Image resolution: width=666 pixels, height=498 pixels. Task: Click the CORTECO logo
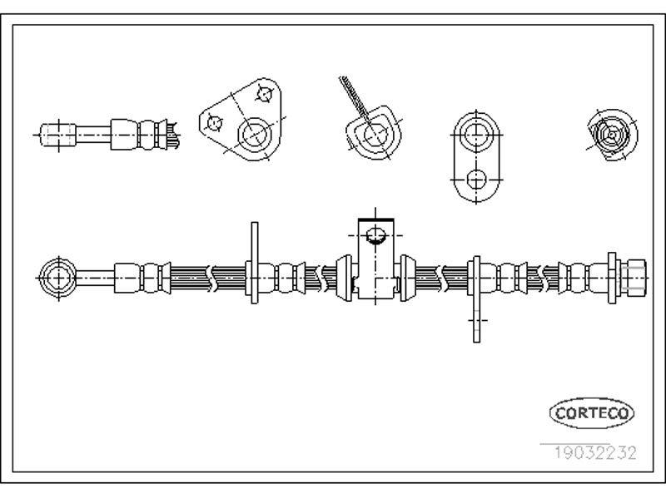click(592, 412)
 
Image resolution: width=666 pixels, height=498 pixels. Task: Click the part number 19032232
click(594, 453)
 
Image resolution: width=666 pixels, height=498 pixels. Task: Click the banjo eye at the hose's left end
click(57, 279)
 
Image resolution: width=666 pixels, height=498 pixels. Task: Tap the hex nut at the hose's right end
click(634, 278)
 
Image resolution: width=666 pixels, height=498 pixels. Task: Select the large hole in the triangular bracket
click(255, 135)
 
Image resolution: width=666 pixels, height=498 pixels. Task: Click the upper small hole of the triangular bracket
click(265, 94)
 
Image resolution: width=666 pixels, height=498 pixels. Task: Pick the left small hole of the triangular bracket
click(215, 123)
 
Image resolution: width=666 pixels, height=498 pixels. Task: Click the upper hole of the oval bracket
click(476, 135)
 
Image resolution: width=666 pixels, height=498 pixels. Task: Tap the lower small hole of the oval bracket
click(476, 180)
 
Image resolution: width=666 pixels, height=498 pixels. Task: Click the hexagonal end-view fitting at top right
click(612, 135)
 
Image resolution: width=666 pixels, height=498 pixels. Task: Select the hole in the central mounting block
click(375, 235)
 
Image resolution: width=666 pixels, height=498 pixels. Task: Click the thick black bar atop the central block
click(376, 219)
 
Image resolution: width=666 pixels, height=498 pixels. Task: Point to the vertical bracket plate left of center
click(255, 263)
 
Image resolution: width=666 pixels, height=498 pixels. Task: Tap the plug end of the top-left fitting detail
click(58, 135)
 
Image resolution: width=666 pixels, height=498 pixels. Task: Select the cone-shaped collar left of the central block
click(344, 278)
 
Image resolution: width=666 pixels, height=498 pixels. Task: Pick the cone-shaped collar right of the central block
click(408, 278)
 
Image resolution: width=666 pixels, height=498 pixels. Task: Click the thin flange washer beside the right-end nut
click(612, 278)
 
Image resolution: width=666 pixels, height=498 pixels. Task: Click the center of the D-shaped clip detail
click(374, 134)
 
